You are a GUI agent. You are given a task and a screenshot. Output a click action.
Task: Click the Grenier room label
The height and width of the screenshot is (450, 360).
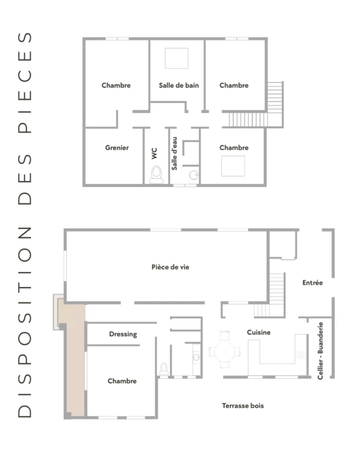click(x=117, y=148)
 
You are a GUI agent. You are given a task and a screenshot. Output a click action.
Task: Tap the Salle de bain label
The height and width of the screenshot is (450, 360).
click(x=179, y=85)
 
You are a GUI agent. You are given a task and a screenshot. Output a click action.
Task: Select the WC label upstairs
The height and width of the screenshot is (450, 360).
click(x=154, y=154)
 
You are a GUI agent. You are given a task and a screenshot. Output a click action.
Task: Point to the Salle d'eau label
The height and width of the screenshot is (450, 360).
click(x=174, y=154)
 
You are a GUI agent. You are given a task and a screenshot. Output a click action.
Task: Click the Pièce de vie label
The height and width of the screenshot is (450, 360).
click(x=170, y=267)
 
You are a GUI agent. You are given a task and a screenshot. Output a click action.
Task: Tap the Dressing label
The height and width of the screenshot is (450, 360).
click(x=123, y=335)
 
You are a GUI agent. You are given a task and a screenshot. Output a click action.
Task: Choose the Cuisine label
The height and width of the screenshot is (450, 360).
click(x=259, y=332)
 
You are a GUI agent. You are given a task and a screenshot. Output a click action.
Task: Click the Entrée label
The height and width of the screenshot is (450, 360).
click(x=313, y=282)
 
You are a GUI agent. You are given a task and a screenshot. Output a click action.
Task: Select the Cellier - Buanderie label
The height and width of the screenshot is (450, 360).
click(x=320, y=351)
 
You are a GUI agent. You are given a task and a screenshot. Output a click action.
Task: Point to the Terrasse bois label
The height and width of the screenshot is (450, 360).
click(x=243, y=406)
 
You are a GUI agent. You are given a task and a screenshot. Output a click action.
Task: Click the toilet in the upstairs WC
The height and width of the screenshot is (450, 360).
click(x=157, y=175)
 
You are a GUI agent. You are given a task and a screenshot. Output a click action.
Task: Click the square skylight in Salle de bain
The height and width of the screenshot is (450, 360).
click(x=176, y=58)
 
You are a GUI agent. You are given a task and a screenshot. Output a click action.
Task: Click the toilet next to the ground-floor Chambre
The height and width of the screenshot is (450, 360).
click(x=164, y=369)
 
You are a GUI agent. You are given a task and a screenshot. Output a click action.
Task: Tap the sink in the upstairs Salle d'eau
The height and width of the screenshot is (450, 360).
click(x=194, y=174)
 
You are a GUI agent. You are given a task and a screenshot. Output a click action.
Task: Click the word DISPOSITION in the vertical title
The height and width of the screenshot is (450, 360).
click(x=25, y=322)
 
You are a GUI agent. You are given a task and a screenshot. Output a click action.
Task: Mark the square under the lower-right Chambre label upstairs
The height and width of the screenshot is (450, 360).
click(x=233, y=166)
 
